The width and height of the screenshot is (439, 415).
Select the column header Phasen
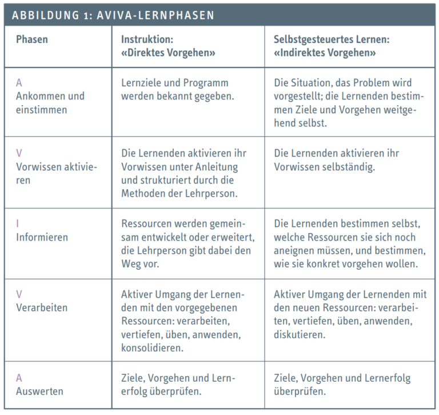click(x=32, y=40)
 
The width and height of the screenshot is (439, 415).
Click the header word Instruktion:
click(x=147, y=40)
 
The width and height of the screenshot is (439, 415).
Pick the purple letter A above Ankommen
click(x=19, y=83)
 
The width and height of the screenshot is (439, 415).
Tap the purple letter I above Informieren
click(x=17, y=224)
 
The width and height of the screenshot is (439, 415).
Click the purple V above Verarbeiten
click(x=19, y=294)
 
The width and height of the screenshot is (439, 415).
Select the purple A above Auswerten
click(x=19, y=378)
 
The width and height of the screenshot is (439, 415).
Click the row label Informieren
click(x=42, y=237)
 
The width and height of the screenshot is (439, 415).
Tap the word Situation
click(x=313, y=83)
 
